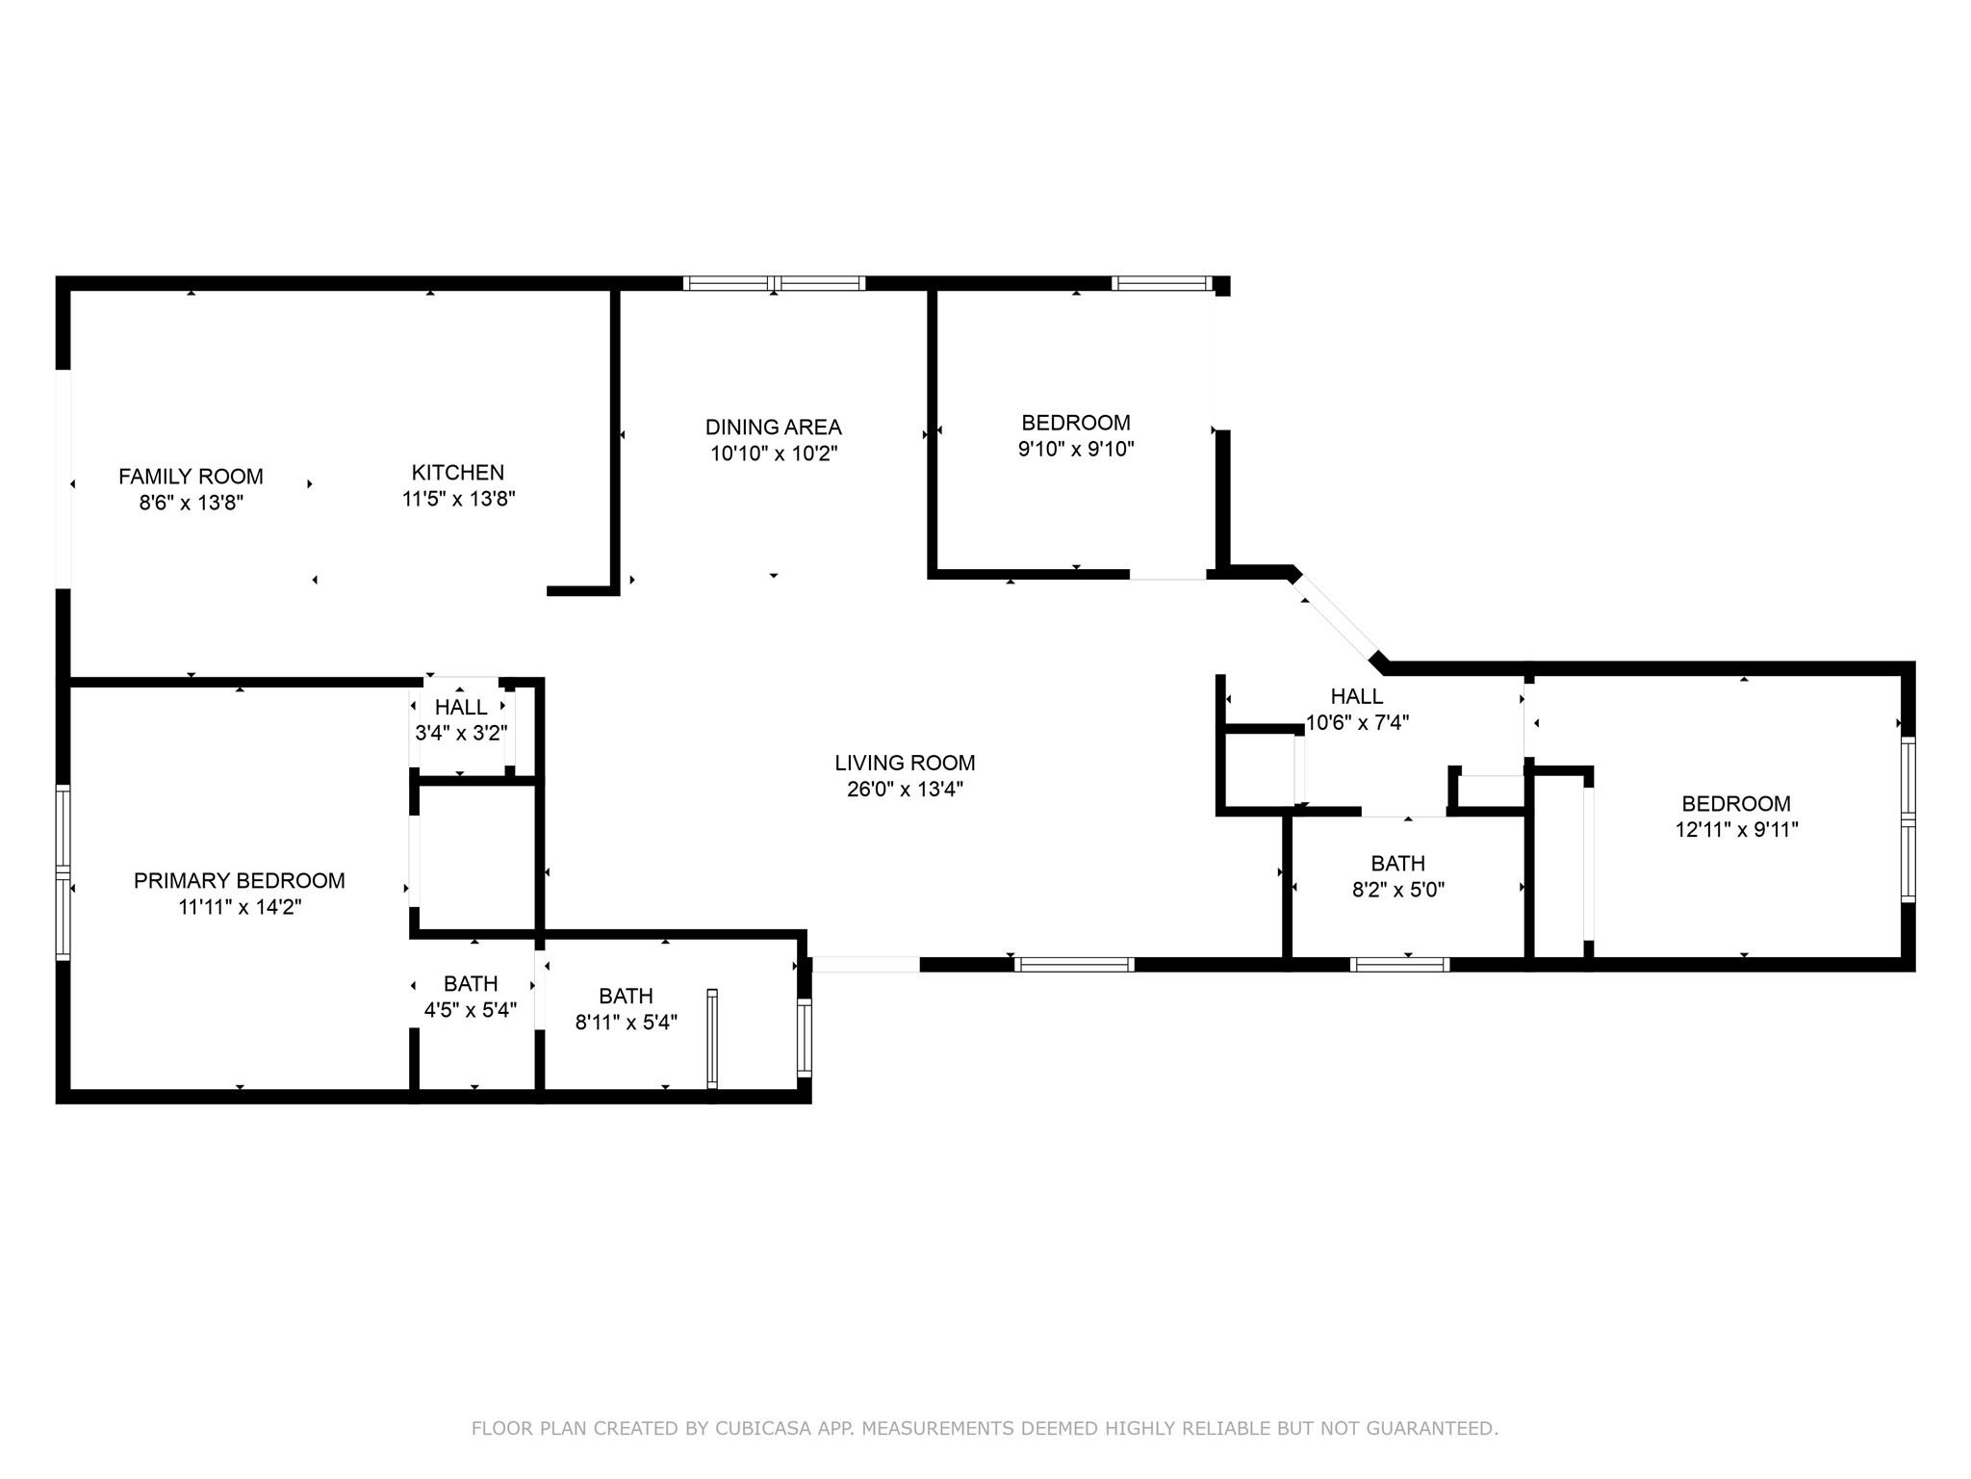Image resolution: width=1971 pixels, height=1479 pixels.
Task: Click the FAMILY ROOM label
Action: [x=191, y=477]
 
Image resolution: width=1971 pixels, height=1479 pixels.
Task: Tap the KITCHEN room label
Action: [x=458, y=473]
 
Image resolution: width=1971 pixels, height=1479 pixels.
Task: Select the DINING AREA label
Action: [x=774, y=428]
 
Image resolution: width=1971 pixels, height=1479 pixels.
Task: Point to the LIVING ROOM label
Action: [x=905, y=764]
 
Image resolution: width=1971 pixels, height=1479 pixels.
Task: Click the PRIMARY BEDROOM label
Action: [x=240, y=881]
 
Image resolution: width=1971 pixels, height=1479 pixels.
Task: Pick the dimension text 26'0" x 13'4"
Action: [x=905, y=790]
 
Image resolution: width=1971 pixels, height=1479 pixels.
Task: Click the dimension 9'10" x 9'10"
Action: [x=1076, y=449]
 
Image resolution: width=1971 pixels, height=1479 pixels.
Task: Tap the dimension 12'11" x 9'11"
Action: [x=1736, y=830]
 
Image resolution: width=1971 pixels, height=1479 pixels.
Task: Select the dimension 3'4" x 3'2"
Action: [x=461, y=733]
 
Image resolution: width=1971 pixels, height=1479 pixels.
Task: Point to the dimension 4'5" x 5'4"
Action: [x=471, y=1010]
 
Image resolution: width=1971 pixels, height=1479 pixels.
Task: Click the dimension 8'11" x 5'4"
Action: [x=627, y=1023]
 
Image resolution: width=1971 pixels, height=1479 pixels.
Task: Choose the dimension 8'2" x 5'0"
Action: [x=1398, y=890]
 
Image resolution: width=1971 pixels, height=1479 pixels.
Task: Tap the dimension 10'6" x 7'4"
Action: [x=1357, y=722]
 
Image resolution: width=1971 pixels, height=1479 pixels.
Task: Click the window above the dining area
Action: [x=774, y=283]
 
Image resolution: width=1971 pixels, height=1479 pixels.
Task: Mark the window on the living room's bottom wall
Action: [x=1074, y=964]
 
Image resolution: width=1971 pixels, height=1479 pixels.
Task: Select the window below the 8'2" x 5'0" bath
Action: [x=1399, y=964]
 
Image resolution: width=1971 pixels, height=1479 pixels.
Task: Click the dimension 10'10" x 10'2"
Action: [x=774, y=454]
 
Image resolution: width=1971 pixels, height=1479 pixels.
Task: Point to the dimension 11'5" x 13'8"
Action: [x=458, y=499]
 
